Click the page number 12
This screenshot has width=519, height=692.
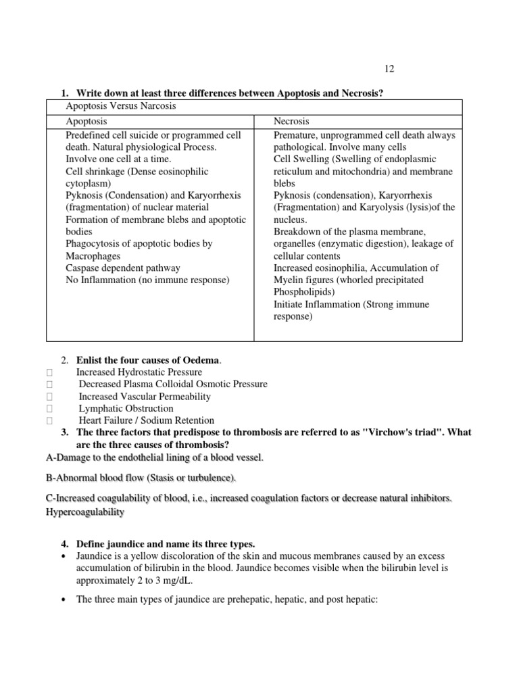coord(389,69)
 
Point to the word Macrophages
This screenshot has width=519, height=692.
coord(94,256)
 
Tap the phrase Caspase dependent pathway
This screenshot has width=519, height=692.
coord(123,268)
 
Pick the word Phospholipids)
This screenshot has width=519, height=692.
coord(305,292)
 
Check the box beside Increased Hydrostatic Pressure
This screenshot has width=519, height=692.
coord(49,372)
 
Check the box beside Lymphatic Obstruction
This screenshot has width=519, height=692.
coord(49,409)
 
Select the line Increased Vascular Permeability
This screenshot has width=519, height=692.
coord(145,396)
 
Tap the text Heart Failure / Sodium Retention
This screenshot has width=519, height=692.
coord(146,420)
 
